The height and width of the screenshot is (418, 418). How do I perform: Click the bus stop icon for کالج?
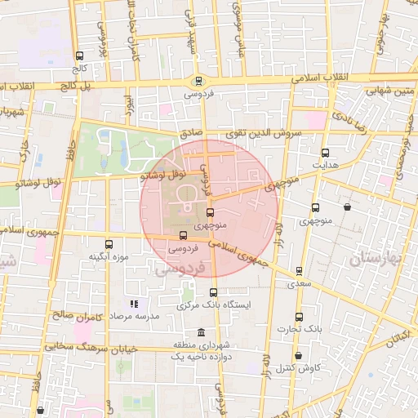(x=79, y=56)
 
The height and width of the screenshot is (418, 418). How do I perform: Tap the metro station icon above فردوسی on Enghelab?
(x=199, y=80)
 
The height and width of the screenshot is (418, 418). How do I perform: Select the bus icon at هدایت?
(x=326, y=152)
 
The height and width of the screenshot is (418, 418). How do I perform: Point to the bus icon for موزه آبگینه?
(x=109, y=243)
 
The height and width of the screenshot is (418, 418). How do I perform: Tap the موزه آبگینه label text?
(x=109, y=257)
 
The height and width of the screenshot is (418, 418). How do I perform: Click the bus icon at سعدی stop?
(x=299, y=271)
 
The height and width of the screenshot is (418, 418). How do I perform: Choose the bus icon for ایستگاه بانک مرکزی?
(x=214, y=292)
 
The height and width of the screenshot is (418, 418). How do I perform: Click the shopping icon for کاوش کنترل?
(x=299, y=355)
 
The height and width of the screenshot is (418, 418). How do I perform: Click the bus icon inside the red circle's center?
(x=210, y=212)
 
